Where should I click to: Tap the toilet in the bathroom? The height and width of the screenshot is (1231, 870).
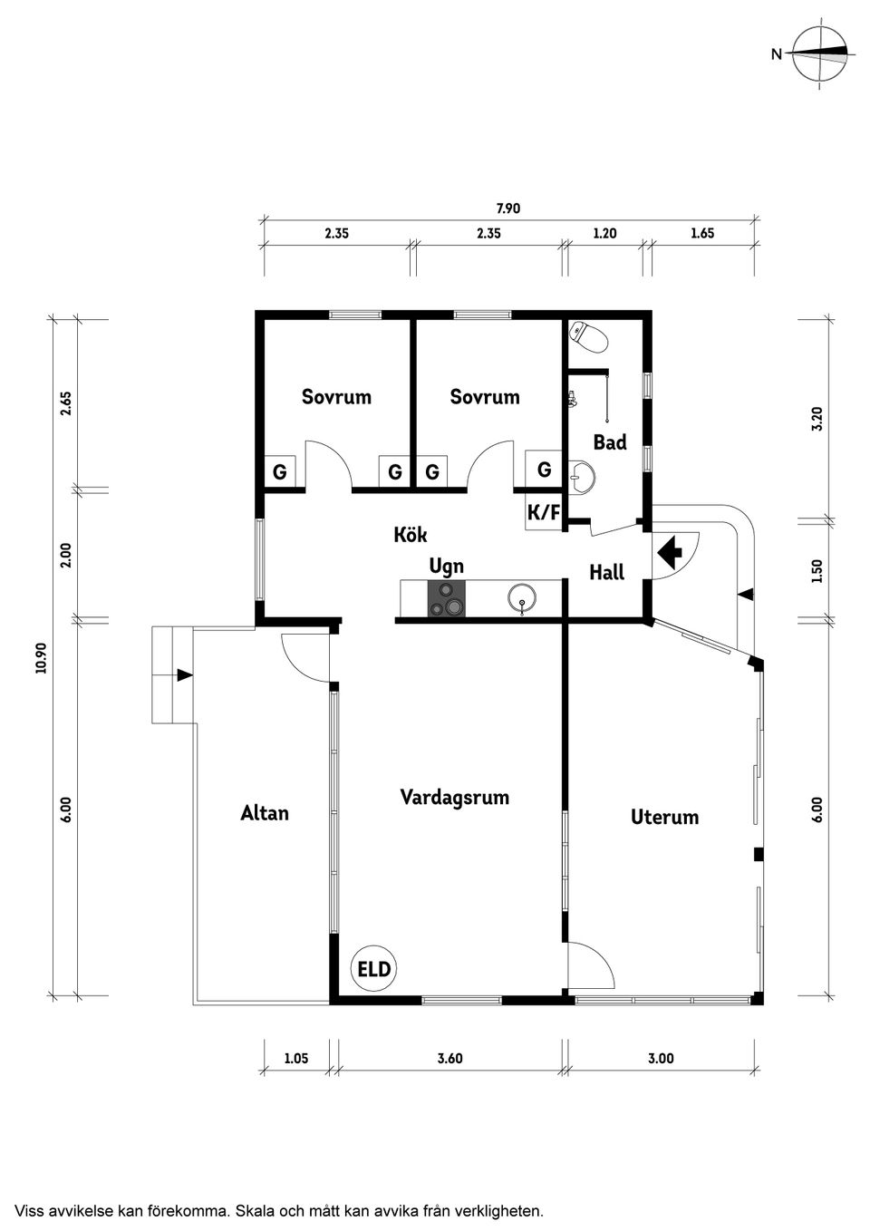588,337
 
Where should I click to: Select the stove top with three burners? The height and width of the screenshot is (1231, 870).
447,598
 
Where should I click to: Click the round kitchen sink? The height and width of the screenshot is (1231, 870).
522,598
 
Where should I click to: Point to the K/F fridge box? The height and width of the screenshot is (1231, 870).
543,512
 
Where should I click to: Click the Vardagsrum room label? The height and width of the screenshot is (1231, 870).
455,798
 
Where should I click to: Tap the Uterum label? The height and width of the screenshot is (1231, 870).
664,817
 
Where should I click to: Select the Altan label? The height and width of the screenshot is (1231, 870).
265,813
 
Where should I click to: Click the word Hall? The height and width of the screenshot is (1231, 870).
607,573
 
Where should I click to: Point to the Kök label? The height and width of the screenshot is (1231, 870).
411,535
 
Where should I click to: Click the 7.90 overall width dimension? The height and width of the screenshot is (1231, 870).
508,208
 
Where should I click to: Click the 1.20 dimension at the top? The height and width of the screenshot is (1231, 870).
604,233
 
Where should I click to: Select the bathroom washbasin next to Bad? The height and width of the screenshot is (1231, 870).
582,475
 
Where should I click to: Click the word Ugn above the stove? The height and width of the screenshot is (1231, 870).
447,567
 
